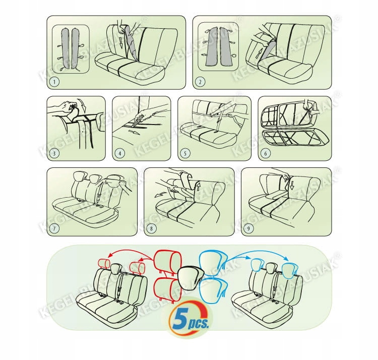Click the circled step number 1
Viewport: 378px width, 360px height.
[54, 82]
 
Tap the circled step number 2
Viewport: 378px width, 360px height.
[200, 82]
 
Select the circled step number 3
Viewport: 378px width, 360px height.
[54, 153]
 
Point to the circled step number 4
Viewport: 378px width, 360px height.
[120, 153]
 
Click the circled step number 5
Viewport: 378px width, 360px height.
[185, 153]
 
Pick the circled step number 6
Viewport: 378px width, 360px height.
[266, 153]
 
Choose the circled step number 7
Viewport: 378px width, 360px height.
[54, 228]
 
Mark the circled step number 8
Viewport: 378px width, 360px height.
[151, 228]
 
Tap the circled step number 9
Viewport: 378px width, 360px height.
[249, 228]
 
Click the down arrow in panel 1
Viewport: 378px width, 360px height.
[120, 42]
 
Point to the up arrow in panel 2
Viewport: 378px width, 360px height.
[258, 53]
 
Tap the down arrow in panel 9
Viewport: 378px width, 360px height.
[292, 185]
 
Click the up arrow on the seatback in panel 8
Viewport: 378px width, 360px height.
[198, 187]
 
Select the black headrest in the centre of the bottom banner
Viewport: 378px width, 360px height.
[191, 276]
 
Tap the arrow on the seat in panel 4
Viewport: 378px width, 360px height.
[134, 132]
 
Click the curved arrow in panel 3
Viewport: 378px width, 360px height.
[83, 105]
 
